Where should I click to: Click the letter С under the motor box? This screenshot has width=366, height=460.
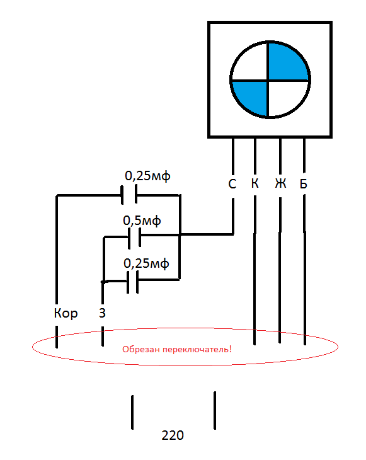pos(232,184)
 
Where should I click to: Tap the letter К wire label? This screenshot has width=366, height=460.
pos(255,183)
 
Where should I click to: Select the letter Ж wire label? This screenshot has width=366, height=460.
pos(280,183)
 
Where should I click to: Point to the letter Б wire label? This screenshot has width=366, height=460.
pos(303,183)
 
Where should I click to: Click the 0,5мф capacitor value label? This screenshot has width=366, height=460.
pos(142,221)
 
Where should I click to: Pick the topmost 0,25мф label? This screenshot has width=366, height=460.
pos(147,176)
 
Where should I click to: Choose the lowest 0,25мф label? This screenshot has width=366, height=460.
pos(146,263)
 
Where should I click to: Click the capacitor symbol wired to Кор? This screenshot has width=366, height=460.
pos(129,194)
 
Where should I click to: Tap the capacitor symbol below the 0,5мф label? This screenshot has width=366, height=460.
pos(134,238)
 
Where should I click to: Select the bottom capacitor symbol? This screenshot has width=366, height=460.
pos(132,282)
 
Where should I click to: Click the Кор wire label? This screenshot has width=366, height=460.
pos(66,313)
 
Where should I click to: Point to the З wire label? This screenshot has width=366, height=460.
pos(102,313)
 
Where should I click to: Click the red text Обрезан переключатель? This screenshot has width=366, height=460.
pos(177,349)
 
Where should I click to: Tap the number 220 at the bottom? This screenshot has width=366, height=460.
pos(173,435)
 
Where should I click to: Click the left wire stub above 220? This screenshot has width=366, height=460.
pos(132,412)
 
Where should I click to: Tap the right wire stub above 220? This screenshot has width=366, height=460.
pos(215,410)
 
